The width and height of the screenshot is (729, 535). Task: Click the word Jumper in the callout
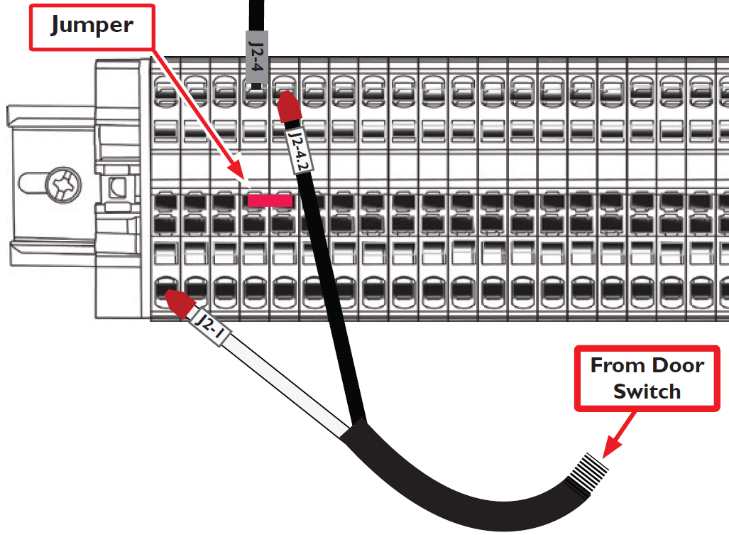click(x=92, y=25)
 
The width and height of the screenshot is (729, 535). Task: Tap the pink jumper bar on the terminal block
click(x=270, y=200)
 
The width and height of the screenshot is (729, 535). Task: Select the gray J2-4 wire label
click(x=257, y=58)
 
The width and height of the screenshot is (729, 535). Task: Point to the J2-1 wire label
click(x=211, y=328)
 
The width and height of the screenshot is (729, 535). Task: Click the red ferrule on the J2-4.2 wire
click(x=289, y=107)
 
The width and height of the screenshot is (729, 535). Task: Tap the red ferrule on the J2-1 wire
click(x=180, y=302)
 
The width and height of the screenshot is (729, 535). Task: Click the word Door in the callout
click(x=679, y=366)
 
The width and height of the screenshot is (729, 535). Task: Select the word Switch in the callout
click(x=647, y=391)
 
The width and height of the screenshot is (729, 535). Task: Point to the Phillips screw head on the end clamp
click(x=64, y=185)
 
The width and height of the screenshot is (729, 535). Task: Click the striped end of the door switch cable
click(x=587, y=475)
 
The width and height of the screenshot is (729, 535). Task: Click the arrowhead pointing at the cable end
click(x=612, y=448)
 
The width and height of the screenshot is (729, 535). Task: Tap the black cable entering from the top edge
click(x=257, y=16)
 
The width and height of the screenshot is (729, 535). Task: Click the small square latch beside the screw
click(x=117, y=187)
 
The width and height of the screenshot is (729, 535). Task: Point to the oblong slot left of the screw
click(x=33, y=183)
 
